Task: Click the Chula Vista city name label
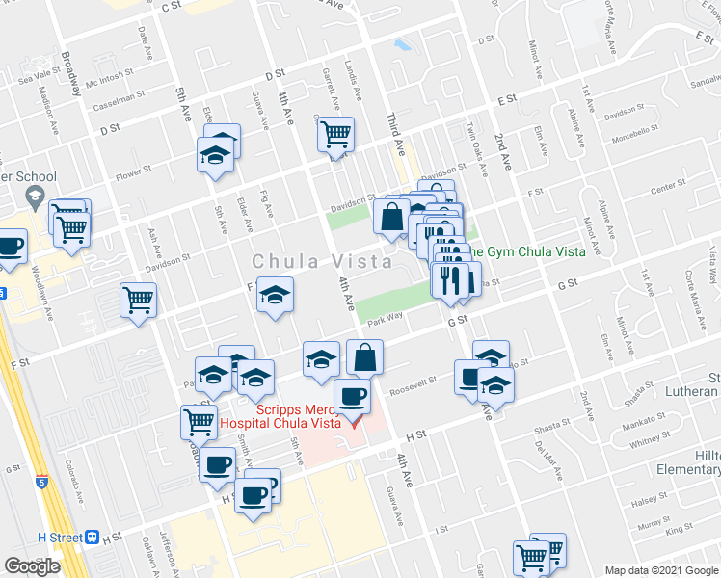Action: (x=322, y=261)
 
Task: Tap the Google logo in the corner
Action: (x=33, y=565)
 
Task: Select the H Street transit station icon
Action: (x=93, y=537)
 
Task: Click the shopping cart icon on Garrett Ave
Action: (x=335, y=135)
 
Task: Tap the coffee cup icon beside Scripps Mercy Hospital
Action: (x=352, y=395)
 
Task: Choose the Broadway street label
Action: (x=70, y=73)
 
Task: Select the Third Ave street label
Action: (x=394, y=134)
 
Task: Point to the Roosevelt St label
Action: (x=414, y=385)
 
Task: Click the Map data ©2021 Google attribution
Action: (x=660, y=569)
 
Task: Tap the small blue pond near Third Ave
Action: (x=402, y=44)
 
